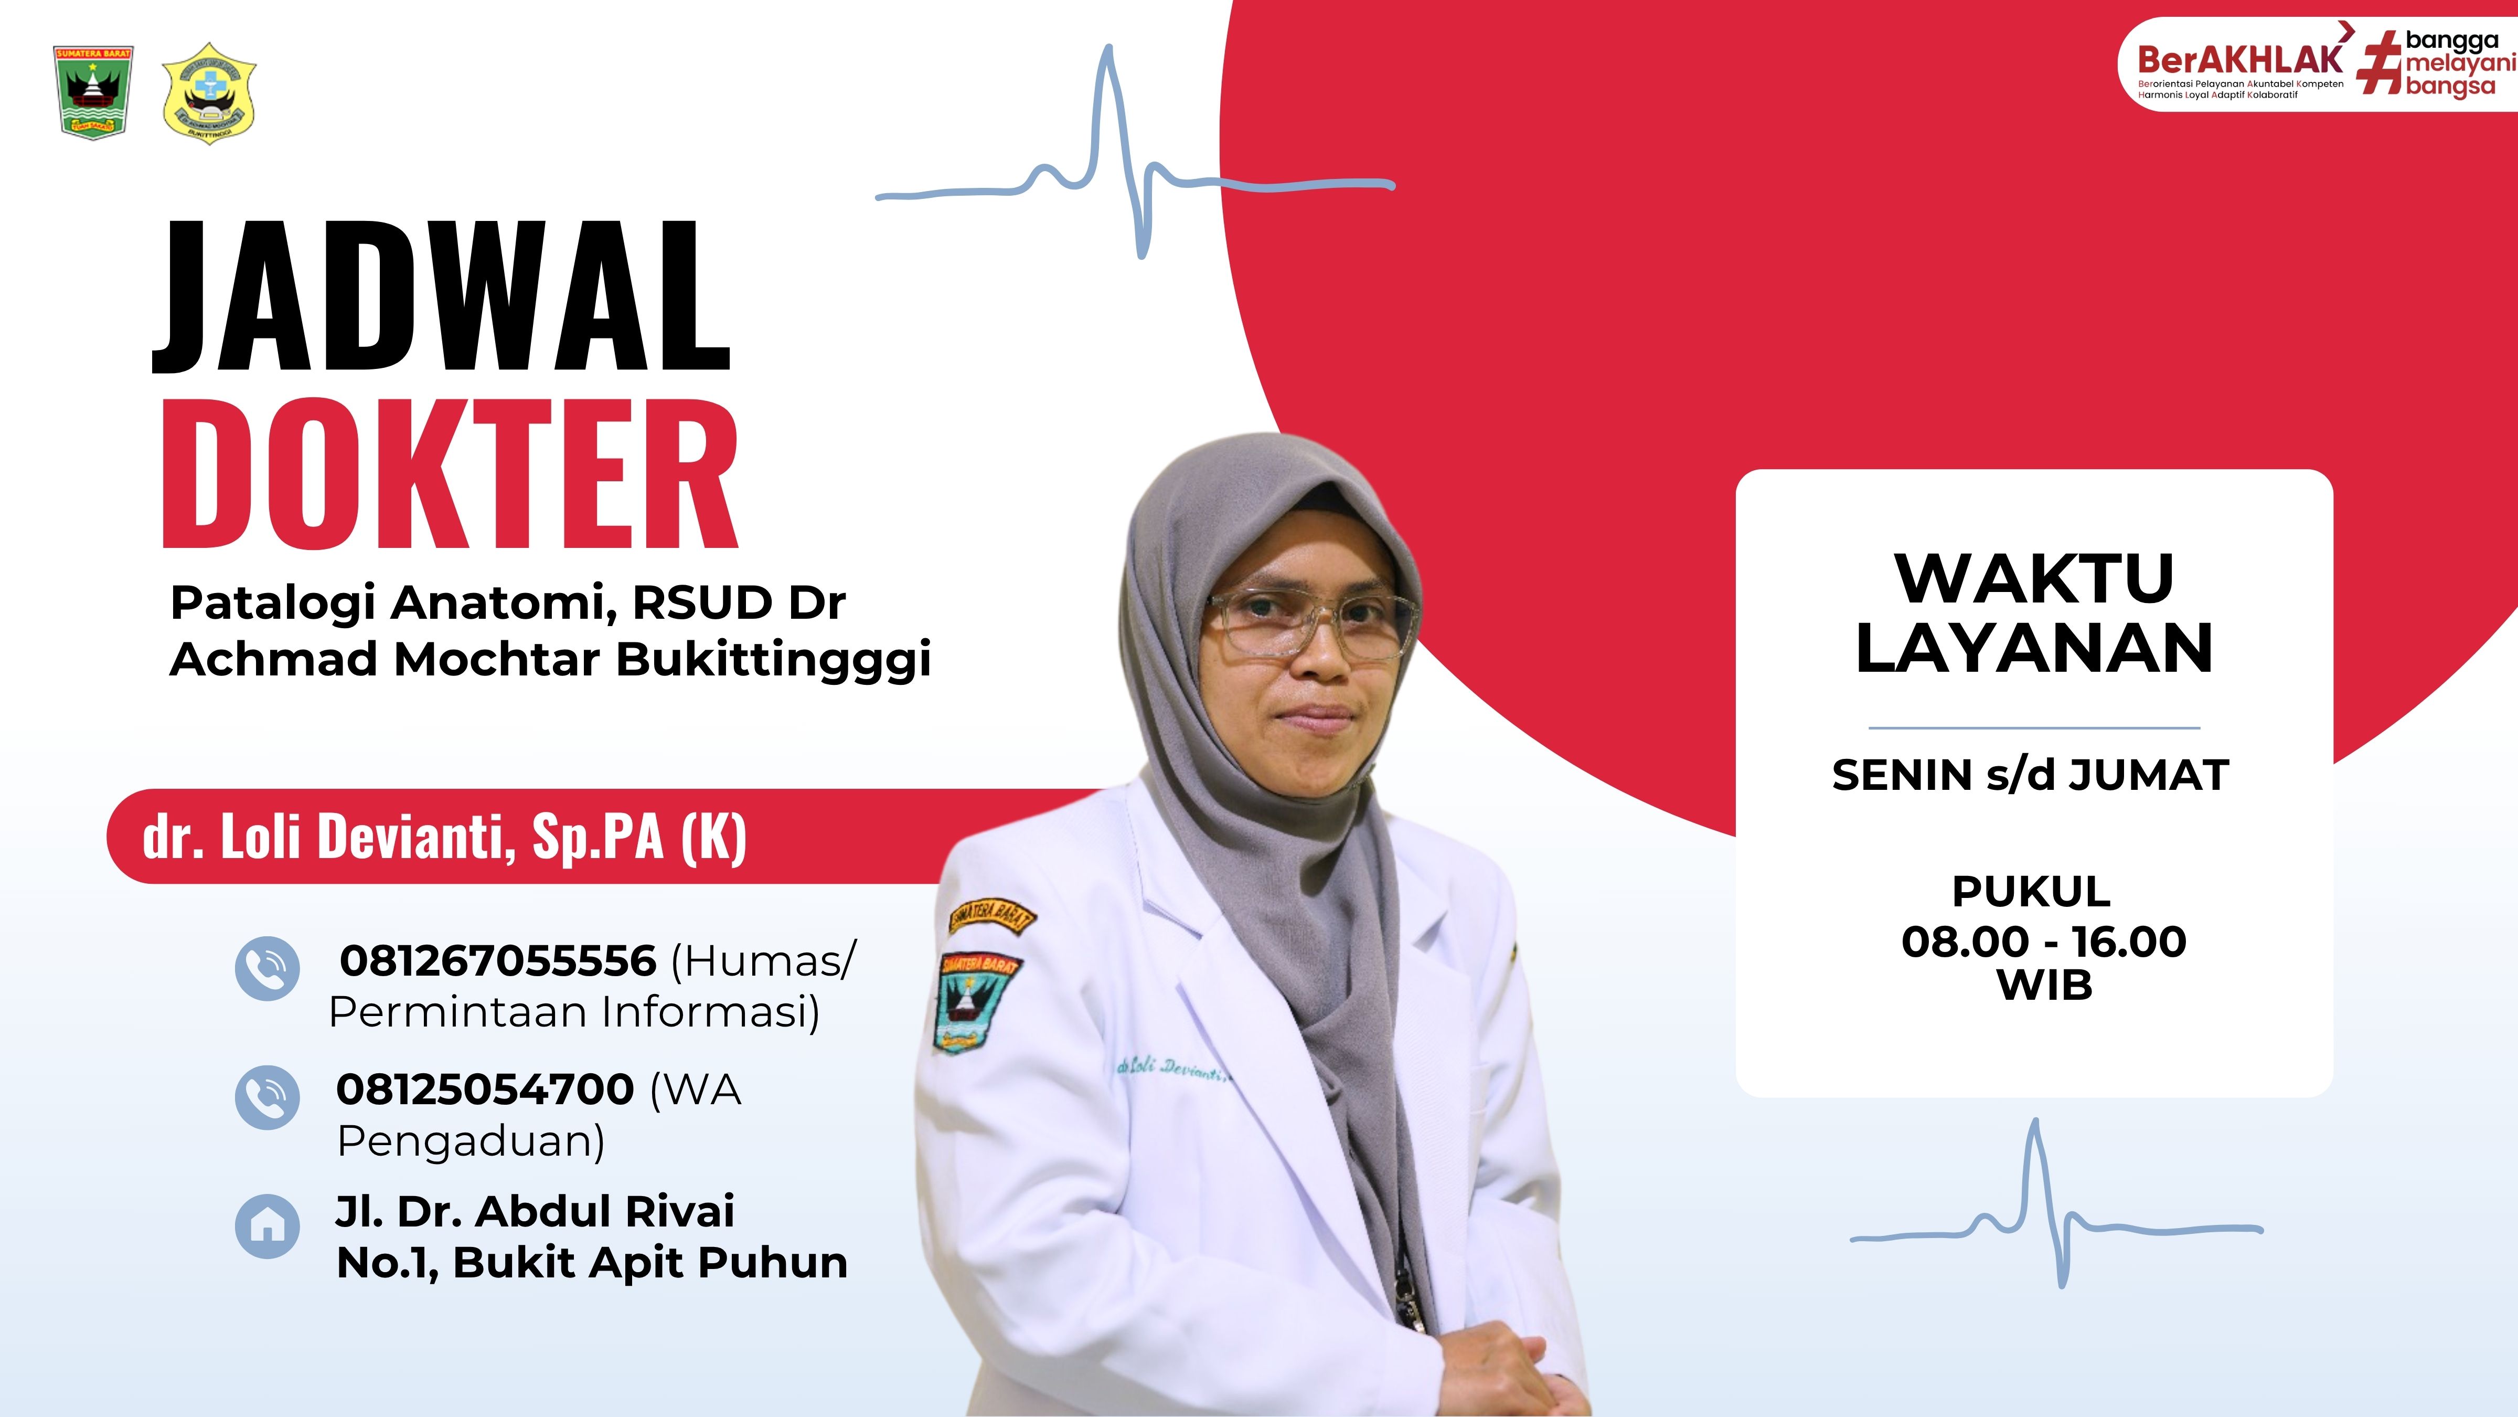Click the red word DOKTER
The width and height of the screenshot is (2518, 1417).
click(450, 473)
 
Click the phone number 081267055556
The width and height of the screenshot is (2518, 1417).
click(497, 961)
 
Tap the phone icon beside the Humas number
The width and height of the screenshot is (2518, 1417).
click(267, 968)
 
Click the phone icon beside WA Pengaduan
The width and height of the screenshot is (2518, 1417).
click(267, 1096)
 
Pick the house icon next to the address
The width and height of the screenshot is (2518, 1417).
click(267, 1225)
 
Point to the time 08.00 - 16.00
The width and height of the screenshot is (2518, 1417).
click(2044, 942)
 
